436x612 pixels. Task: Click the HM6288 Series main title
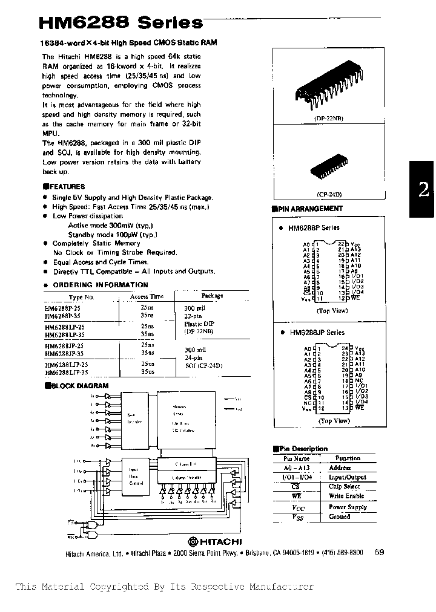121,22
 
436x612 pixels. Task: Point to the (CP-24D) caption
329,195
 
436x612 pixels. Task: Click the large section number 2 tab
423,190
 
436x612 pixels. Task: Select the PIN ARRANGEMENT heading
310,209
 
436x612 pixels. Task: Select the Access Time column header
147,297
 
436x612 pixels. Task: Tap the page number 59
380,552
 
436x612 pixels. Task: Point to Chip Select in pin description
344,486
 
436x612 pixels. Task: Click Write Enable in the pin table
346,496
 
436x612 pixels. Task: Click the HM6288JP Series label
316,333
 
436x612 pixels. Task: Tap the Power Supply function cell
348,507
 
